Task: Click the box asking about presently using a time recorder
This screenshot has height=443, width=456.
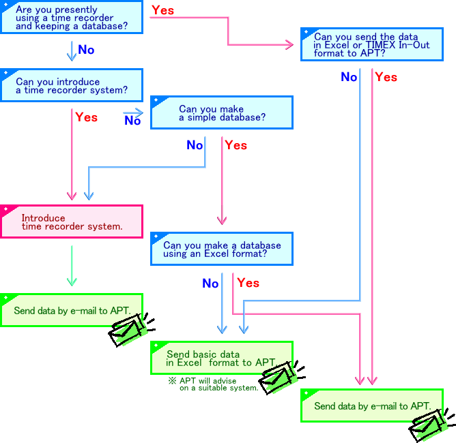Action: coord(72,17)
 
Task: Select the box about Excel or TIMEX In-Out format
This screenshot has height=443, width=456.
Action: coord(371,44)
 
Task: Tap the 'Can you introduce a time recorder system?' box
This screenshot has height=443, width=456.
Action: coord(72,85)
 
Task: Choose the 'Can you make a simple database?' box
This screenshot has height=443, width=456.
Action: coord(221,112)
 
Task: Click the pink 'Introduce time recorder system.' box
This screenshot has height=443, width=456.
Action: coord(72,221)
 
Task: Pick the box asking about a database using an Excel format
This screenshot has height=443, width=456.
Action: coord(221,249)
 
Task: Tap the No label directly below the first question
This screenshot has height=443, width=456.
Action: coord(86,50)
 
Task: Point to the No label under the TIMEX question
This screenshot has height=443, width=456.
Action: coord(349,77)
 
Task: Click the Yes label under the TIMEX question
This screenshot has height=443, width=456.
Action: coord(386,77)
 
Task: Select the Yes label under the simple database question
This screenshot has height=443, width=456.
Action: coord(236,145)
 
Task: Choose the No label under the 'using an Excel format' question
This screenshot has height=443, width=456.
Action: coord(210,283)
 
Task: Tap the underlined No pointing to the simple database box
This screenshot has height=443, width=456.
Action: coord(132,121)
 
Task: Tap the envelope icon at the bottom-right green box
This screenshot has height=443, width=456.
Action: coord(427,425)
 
